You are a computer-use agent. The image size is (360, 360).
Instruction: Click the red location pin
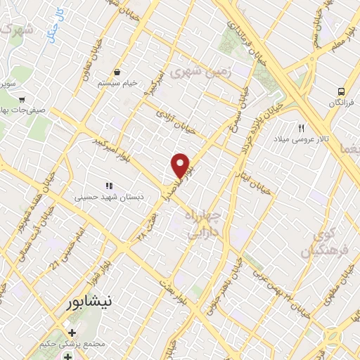coord(180,165)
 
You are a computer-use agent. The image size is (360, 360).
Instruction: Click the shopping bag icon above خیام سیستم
coord(117,72)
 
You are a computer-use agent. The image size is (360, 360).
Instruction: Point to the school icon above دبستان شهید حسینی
coord(108,186)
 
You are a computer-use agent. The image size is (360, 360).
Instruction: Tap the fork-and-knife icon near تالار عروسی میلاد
coord(302,127)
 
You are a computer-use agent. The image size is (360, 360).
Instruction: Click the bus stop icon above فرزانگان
coord(341,91)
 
